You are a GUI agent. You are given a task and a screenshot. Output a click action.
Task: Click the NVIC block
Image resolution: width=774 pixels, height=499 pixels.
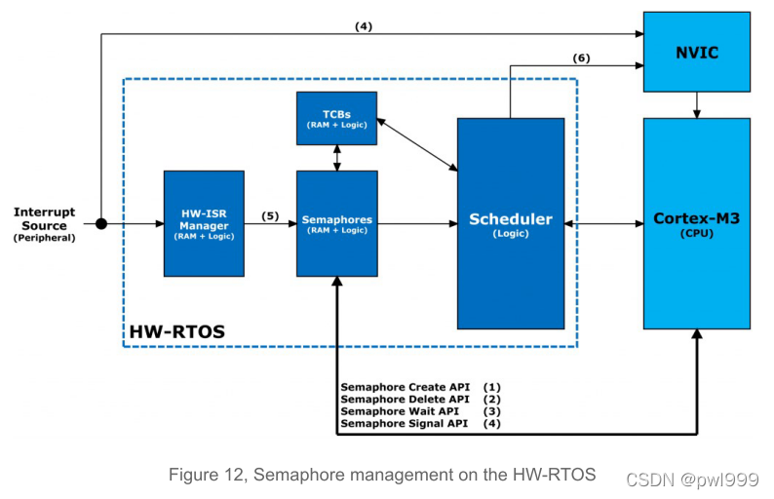pos(697,52)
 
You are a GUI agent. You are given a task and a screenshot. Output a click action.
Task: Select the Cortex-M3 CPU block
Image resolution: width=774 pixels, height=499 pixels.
pos(697,223)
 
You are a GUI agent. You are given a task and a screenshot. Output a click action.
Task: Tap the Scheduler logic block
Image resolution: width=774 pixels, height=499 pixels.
pos(511,223)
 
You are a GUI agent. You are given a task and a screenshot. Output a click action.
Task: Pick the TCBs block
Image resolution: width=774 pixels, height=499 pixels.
pos(336,118)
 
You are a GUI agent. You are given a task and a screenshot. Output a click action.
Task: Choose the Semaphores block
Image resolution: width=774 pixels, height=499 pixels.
pos(336,223)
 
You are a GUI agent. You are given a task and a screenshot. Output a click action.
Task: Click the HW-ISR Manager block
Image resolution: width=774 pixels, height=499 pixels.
pos(204,223)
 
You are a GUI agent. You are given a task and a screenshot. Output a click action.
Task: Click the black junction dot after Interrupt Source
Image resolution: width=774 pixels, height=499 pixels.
pos(100,223)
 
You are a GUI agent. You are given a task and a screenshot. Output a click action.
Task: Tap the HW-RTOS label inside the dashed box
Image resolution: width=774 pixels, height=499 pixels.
pos(177,331)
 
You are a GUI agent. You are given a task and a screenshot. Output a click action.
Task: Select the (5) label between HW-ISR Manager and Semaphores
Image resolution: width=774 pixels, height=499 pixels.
pos(269,215)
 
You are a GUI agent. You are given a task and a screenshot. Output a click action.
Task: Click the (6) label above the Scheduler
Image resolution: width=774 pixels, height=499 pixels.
pos(581,58)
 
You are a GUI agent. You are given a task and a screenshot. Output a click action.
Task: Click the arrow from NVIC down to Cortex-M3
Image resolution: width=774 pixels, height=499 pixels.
pos(697,103)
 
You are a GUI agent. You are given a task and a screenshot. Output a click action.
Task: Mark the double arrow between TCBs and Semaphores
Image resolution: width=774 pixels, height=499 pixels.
pos(336,156)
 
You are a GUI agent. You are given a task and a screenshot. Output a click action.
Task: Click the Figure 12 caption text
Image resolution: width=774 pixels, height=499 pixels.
pos(382,475)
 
